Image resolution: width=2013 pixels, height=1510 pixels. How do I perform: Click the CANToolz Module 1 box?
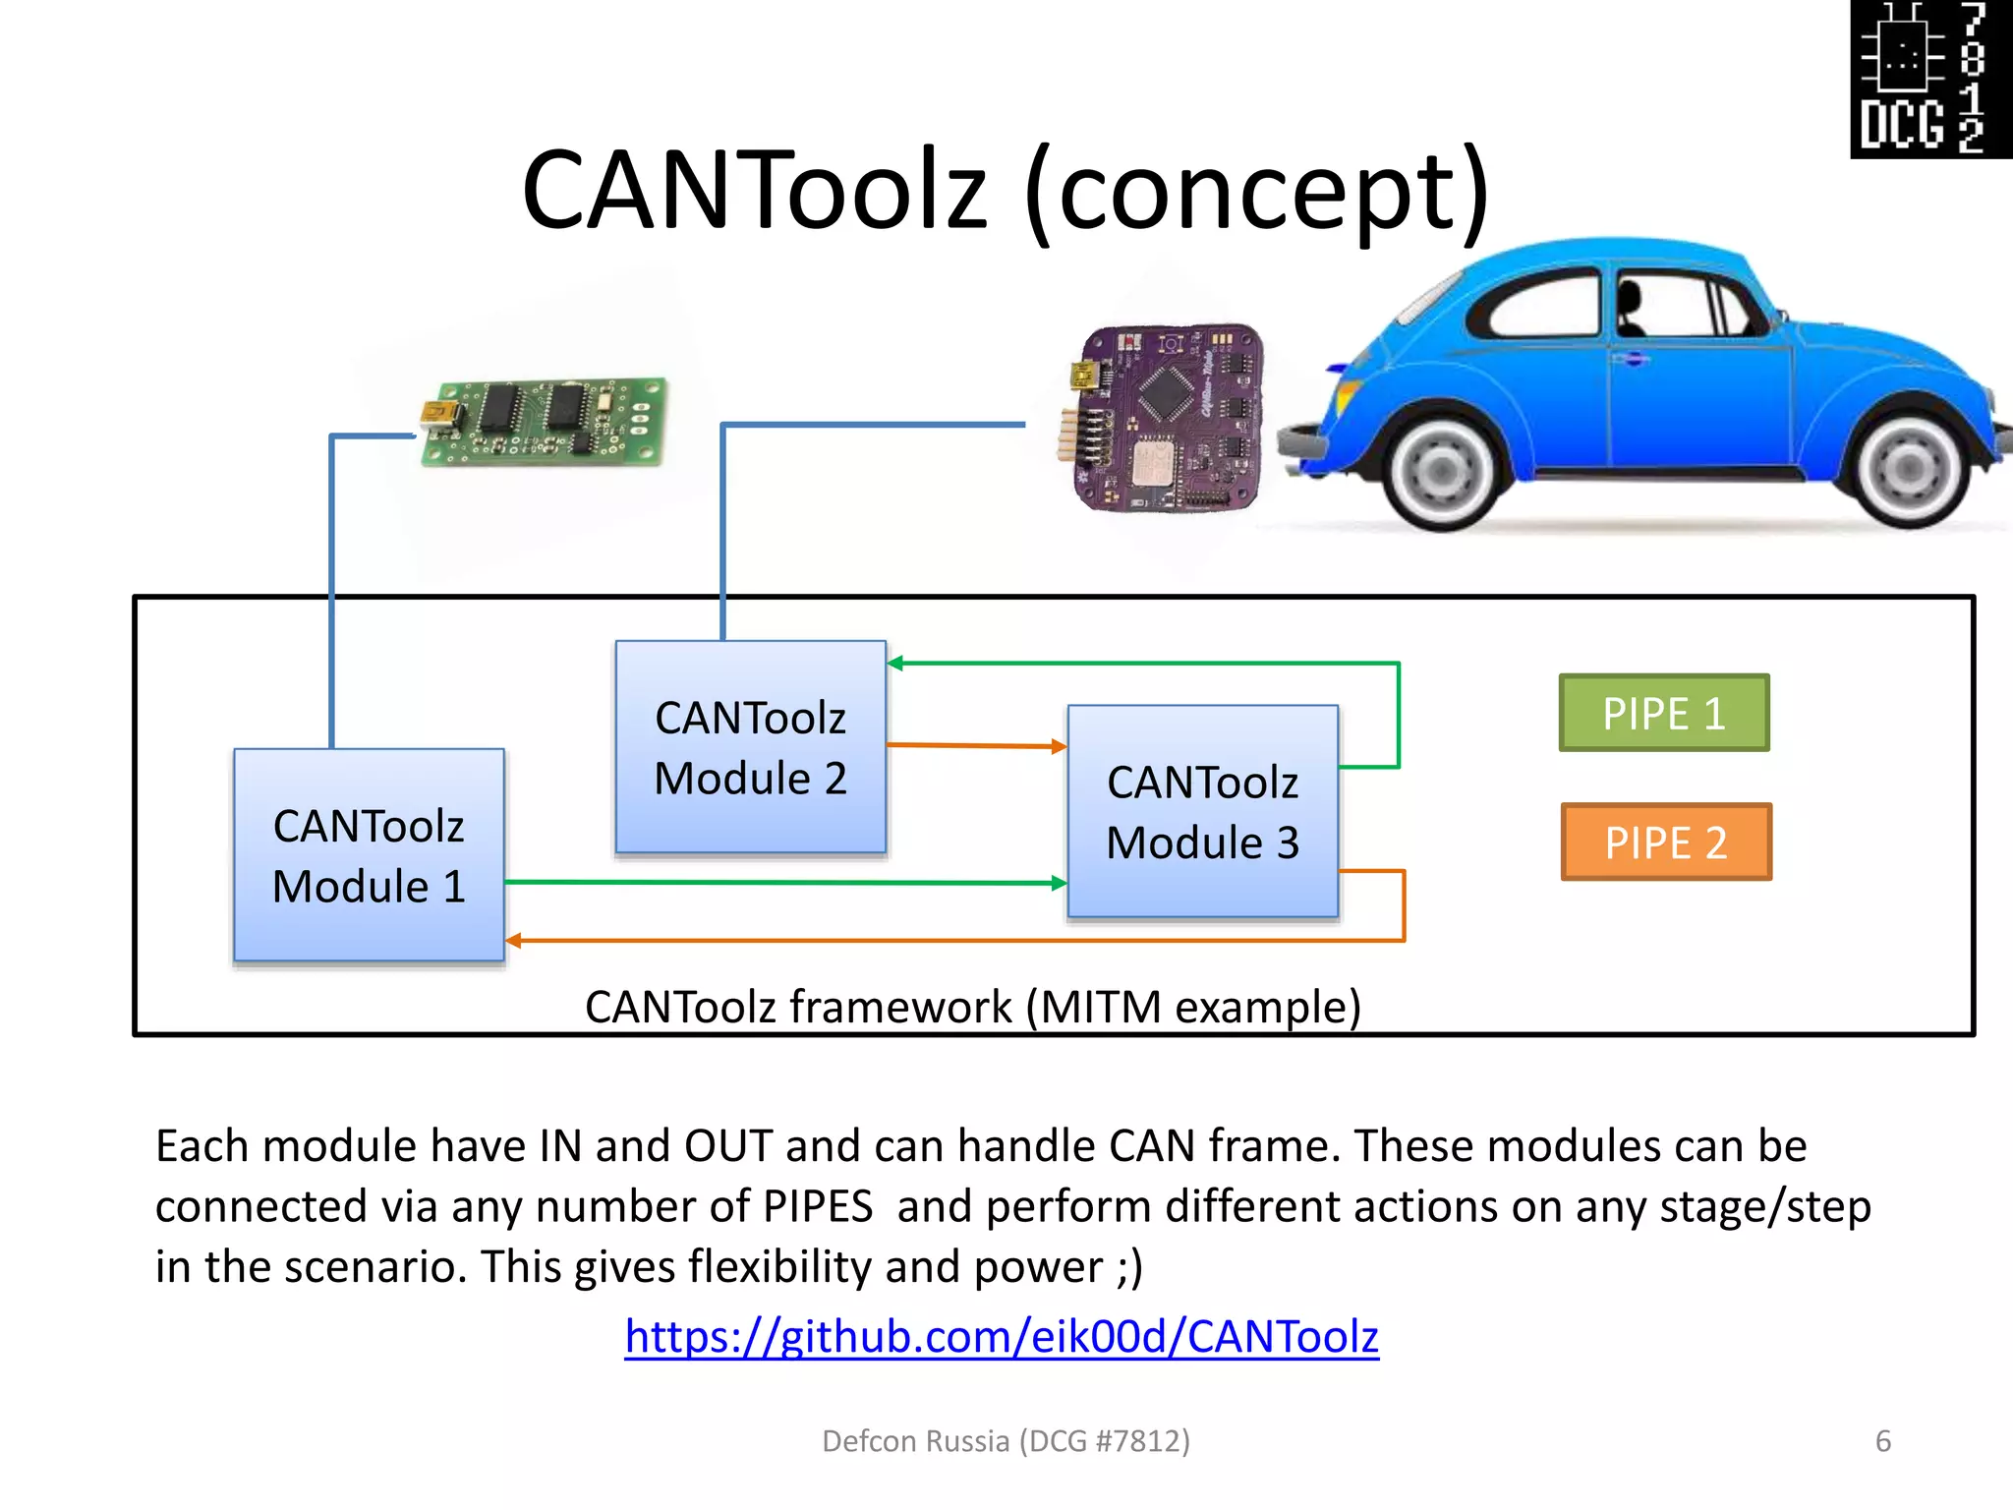point(369,855)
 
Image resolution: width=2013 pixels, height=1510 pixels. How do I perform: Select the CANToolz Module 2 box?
point(750,747)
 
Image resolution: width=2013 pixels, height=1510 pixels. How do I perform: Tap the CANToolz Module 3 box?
point(1202,812)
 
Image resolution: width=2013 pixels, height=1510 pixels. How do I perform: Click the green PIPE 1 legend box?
point(1664,714)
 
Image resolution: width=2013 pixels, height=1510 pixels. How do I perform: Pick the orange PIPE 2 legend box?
point(1666,842)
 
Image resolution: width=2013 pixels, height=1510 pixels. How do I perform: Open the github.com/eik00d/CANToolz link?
point(1002,1337)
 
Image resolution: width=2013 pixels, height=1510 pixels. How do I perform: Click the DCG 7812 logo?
point(1930,79)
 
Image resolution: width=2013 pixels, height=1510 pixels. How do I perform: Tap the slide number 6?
point(1882,1441)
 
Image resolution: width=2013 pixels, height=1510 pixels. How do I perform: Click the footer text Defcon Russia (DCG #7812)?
point(1006,1441)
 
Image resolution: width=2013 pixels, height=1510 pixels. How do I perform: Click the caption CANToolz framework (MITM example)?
point(972,1008)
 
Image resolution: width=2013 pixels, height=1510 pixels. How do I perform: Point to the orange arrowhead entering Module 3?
point(1059,747)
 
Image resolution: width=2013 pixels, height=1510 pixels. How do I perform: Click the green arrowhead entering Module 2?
point(895,664)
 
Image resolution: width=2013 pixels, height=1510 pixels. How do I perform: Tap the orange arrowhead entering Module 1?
point(513,941)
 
